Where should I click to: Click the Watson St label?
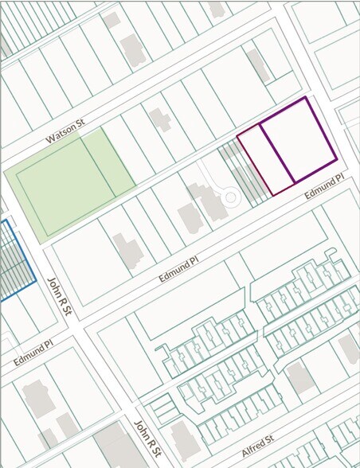[x=65, y=133]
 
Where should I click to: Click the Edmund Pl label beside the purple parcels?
[x=323, y=189]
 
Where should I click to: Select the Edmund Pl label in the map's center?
[x=178, y=267]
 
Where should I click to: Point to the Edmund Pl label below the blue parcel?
[x=33, y=353]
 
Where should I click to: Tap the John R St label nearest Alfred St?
[x=147, y=440]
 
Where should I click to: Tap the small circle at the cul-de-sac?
[x=230, y=196]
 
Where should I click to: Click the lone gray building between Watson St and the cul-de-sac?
[x=160, y=120]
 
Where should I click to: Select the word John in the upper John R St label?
[x=54, y=286]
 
